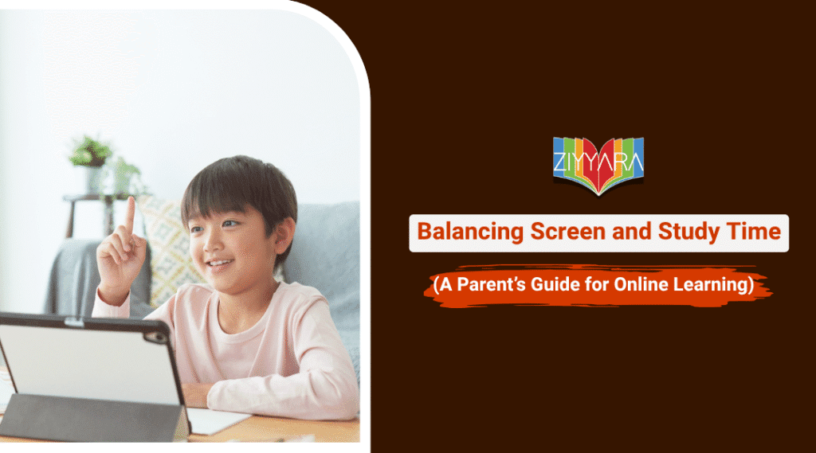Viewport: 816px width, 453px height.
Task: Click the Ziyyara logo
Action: tap(598, 165)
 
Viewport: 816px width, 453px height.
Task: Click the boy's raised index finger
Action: tap(129, 213)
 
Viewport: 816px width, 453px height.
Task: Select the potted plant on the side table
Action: tap(92, 153)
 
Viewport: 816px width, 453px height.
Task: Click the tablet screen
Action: tap(88, 358)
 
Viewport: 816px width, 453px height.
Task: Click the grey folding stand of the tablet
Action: tap(96, 418)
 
